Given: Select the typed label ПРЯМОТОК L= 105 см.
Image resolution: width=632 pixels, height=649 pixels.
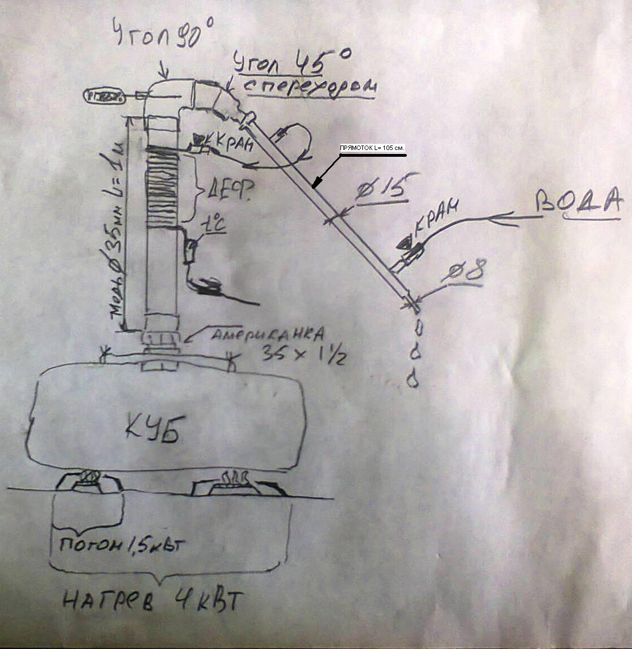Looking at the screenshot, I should pyautogui.click(x=371, y=148).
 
